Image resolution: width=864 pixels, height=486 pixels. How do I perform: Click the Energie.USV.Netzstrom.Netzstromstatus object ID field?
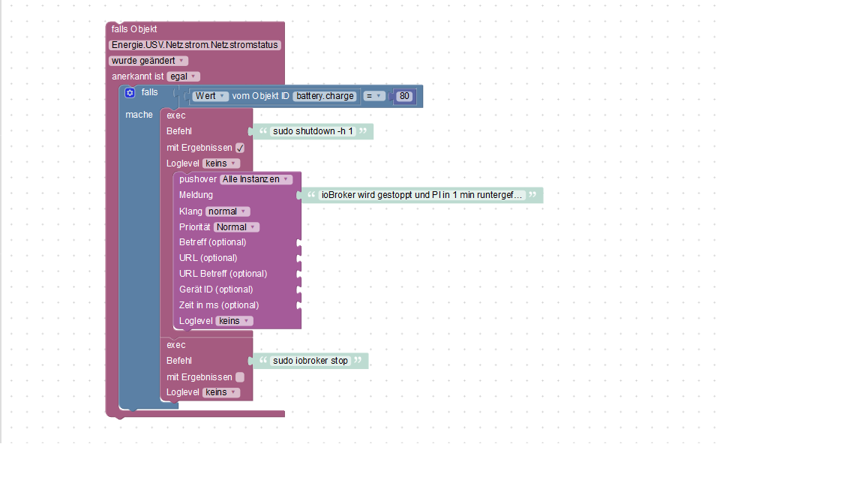(194, 45)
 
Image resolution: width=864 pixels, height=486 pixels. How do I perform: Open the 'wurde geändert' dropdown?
(148, 61)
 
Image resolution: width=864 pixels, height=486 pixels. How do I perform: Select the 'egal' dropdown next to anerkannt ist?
(183, 76)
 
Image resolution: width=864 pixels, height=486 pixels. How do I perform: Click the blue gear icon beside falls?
(130, 92)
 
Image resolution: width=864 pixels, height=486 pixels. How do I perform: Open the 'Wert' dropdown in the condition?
(210, 96)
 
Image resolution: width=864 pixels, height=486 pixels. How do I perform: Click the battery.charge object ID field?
(325, 96)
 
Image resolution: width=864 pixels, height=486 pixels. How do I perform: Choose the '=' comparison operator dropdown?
(373, 96)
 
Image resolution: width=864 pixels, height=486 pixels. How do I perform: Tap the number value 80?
(404, 96)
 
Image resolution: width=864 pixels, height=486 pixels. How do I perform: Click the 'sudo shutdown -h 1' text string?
(313, 131)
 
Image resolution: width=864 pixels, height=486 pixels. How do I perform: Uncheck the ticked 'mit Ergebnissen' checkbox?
(240, 148)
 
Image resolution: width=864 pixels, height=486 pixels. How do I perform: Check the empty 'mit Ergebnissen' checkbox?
(240, 377)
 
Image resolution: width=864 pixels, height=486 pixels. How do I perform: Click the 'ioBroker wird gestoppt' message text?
(421, 195)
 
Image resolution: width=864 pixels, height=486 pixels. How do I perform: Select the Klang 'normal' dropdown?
(227, 211)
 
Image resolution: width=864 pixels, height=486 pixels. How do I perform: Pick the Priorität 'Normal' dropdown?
(235, 227)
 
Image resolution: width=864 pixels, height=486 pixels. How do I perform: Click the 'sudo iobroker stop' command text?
(310, 361)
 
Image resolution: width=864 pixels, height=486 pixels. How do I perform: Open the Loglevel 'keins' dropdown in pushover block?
(234, 321)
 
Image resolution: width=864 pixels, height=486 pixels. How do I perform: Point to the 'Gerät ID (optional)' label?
(216, 289)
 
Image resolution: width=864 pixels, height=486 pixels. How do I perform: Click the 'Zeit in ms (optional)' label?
(219, 305)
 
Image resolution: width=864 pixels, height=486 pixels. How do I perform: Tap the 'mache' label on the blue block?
(139, 115)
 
